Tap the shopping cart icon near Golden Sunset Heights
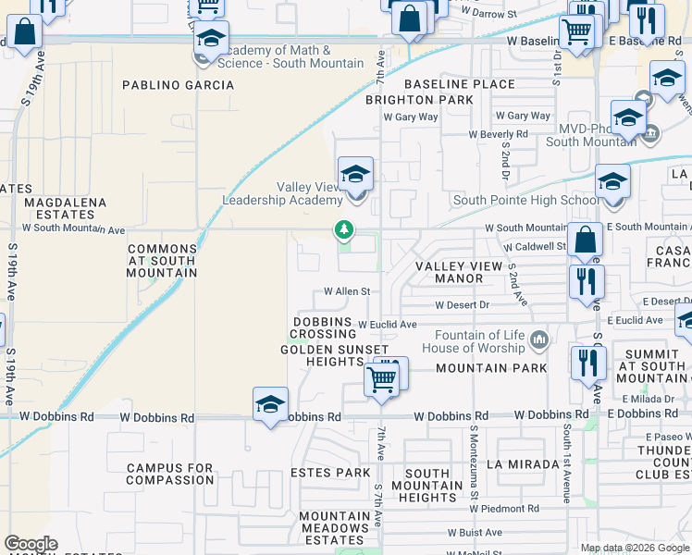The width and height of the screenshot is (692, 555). pyautogui.click(x=381, y=377)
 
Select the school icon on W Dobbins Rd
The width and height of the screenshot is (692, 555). pyautogui.click(x=270, y=404)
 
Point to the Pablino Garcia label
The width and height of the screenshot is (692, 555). pyautogui.click(x=179, y=85)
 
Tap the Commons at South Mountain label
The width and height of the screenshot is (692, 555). pyautogui.click(x=163, y=260)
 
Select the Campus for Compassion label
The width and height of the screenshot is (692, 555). pyautogui.click(x=170, y=474)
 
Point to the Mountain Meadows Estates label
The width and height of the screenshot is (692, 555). pyautogui.click(x=334, y=528)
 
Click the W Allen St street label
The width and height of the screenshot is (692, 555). pyautogui.click(x=347, y=290)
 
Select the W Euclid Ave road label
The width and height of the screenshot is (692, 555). pyautogui.click(x=388, y=325)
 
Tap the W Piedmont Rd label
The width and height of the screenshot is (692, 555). pyautogui.click(x=505, y=509)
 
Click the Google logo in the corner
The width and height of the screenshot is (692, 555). pyautogui.click(x=31, y=544)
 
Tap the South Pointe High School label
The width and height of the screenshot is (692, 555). pyautogui.click(x=525, y=201)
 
